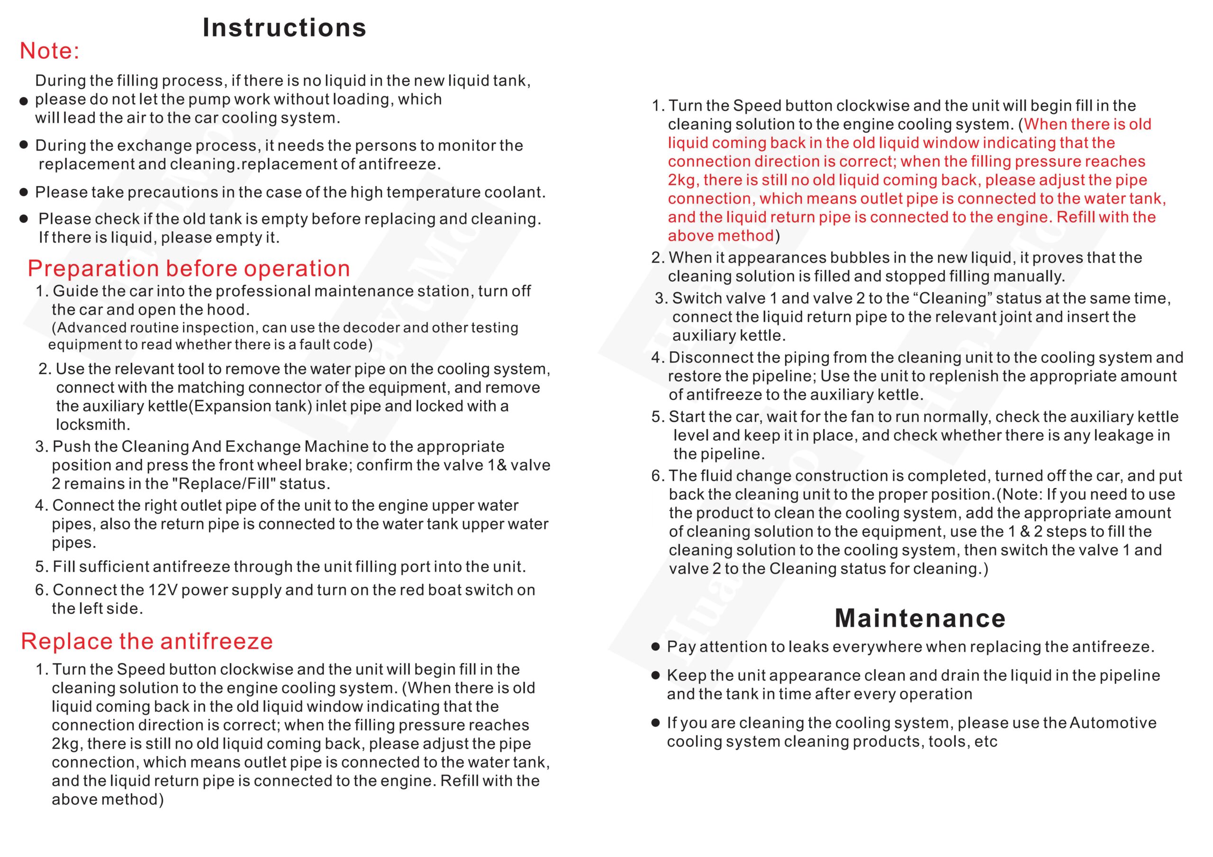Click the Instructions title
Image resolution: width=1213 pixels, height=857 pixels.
(284, 27)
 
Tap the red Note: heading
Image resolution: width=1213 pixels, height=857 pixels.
(49, 51)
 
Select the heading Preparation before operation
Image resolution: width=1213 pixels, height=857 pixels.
(189, 268)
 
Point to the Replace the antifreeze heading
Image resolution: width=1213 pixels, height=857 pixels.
(147, 641)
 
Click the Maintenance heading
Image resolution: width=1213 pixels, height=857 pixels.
(920, 618)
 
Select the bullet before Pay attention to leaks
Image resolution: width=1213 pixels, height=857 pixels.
(656, 647)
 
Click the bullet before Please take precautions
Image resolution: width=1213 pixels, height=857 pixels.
(23, 192)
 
